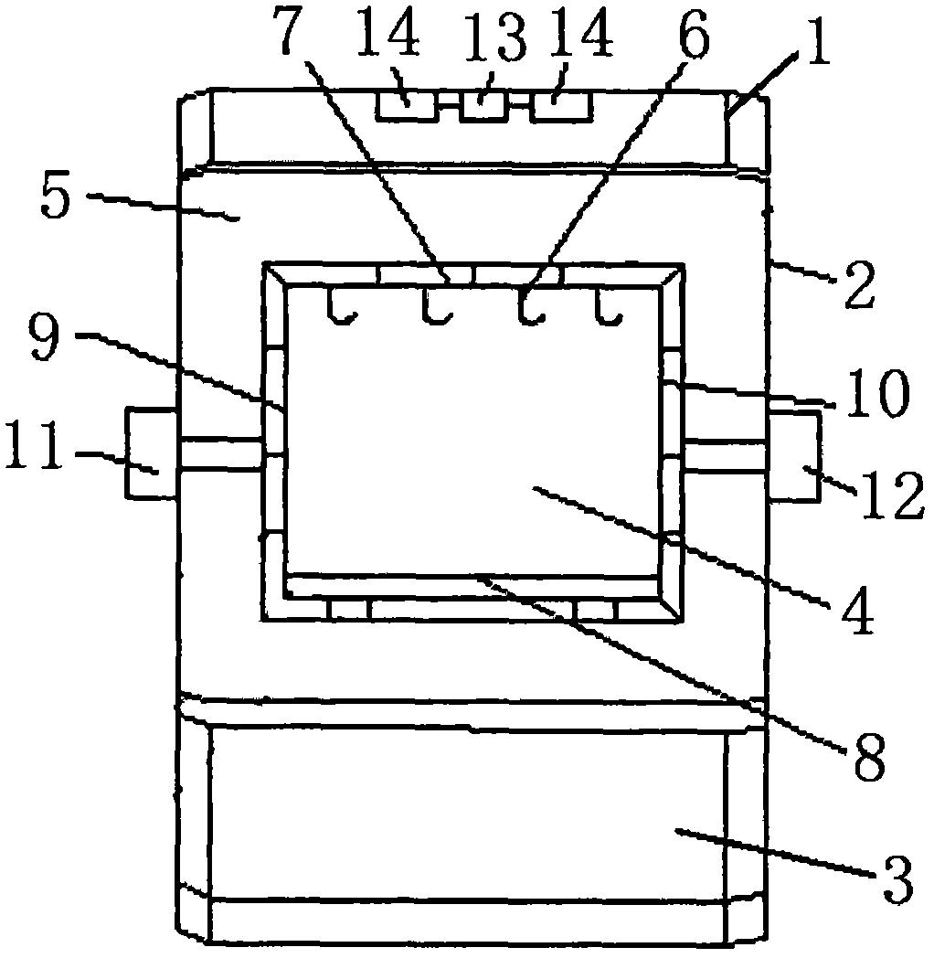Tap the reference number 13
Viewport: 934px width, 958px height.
(495, 37)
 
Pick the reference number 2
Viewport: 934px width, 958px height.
(857, 284)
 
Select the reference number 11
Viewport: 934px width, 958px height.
(35, 445)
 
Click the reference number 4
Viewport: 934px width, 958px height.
(857, 611)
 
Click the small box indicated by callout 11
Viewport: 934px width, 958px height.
(152, 453)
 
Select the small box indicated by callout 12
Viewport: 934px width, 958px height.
(793, 456)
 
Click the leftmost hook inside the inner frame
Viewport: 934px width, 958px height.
(340, 307)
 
